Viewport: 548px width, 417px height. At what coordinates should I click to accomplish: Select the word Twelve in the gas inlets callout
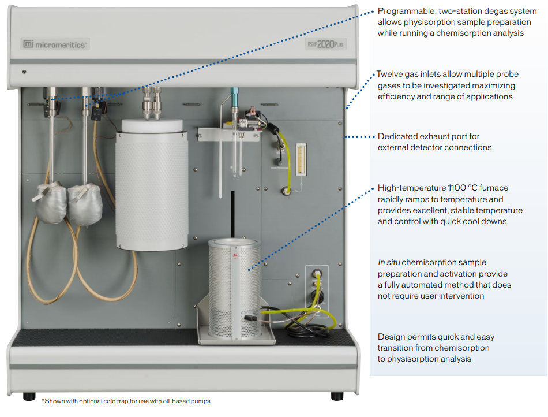tap(388, 75)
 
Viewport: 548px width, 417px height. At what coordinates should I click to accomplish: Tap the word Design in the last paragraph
tap(391, 337)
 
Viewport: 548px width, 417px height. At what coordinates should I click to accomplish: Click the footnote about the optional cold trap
tap(127, 401)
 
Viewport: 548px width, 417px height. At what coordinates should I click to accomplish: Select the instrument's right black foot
tap(337, 396)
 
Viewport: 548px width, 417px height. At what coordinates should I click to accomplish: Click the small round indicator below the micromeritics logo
tap(24, 72)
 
